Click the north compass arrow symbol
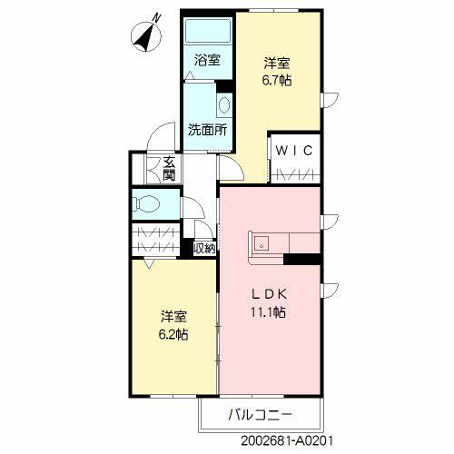[143, 35]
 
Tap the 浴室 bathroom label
[207, 61]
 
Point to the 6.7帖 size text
[279, 80]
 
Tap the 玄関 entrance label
[170, 168]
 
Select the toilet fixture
[146, 202]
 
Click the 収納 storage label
[205, 248]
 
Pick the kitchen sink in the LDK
[262, 243]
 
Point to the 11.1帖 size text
[269, 312]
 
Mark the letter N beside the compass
[157, 17]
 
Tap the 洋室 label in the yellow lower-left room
[174, 316]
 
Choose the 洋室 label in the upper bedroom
[278, 63]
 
